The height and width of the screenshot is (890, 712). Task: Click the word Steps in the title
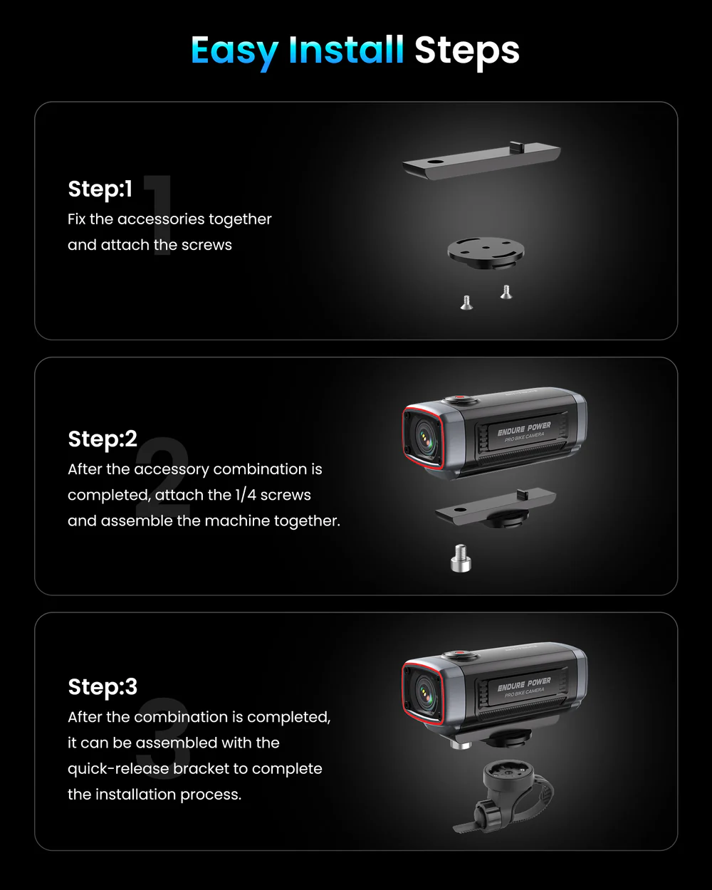tap(466, 51)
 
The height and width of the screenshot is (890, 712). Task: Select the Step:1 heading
tap(100, 189)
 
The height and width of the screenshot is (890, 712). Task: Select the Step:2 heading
tap(103, 439)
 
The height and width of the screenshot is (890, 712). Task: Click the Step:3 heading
tap(103, 686)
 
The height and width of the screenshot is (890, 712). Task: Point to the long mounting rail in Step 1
tap(481, 160)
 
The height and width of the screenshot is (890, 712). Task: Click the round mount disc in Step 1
tap(486, 252)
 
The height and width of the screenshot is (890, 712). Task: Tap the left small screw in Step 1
tap(466, 303)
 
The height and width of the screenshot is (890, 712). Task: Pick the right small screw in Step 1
tap(506, 292)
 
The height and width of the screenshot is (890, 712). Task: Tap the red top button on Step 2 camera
tap(460, 399)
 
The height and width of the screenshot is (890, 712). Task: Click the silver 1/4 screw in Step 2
tap(461, 558)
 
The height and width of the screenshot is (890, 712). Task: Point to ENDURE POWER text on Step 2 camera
tap(524, 429)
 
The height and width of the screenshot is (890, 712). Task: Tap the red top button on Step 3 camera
tap(460, 654)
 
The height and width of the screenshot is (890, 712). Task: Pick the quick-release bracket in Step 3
tap(503, 797)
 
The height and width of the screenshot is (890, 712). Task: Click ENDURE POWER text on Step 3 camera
tap(524, 684)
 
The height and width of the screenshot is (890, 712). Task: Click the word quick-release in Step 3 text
tap(118, 769)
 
